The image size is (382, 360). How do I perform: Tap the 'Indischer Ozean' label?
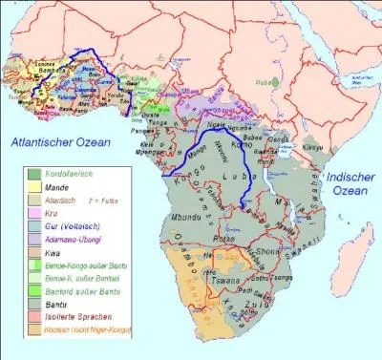(350, 185)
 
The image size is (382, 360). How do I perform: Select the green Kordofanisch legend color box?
(35, 173)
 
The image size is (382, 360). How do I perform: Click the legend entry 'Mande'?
(59, 188)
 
